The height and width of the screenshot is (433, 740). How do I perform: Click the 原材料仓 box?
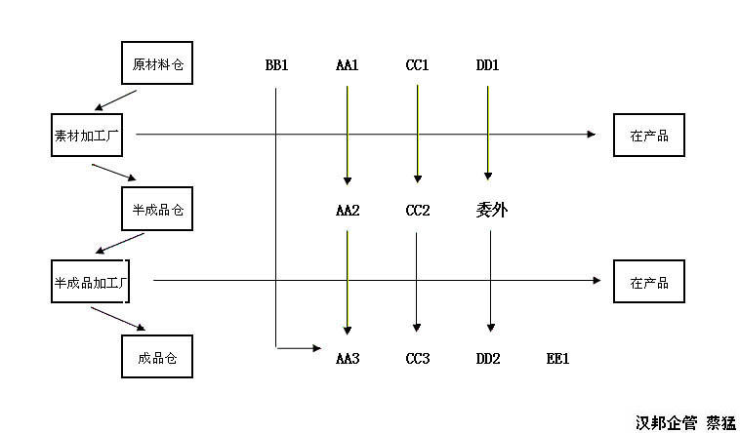pos(157,65)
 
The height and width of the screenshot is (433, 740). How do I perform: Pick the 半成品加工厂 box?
pos(91,281)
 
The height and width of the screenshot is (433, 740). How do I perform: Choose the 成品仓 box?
pos(157,358)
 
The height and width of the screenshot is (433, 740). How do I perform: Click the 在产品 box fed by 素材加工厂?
pos(649,136)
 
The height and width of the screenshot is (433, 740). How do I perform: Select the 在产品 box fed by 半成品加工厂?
pos(649,282)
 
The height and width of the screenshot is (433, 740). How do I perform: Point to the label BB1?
pos(276,66)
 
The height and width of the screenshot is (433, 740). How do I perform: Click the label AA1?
pos(348,66)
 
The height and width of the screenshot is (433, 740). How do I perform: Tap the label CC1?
pos(418,66)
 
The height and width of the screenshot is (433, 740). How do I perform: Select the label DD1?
pos(488,66)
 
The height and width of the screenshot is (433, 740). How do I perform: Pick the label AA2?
pos(348,210)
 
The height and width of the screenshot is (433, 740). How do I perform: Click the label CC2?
pos(418,210)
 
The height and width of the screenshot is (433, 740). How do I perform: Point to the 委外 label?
pos(491,209)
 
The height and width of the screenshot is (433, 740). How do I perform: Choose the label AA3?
pos(348,359)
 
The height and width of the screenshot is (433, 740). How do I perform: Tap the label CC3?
pos(418,359)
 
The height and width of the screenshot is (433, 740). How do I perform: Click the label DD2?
pos(488,359)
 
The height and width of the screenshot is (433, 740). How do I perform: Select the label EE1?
pos(557,359)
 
